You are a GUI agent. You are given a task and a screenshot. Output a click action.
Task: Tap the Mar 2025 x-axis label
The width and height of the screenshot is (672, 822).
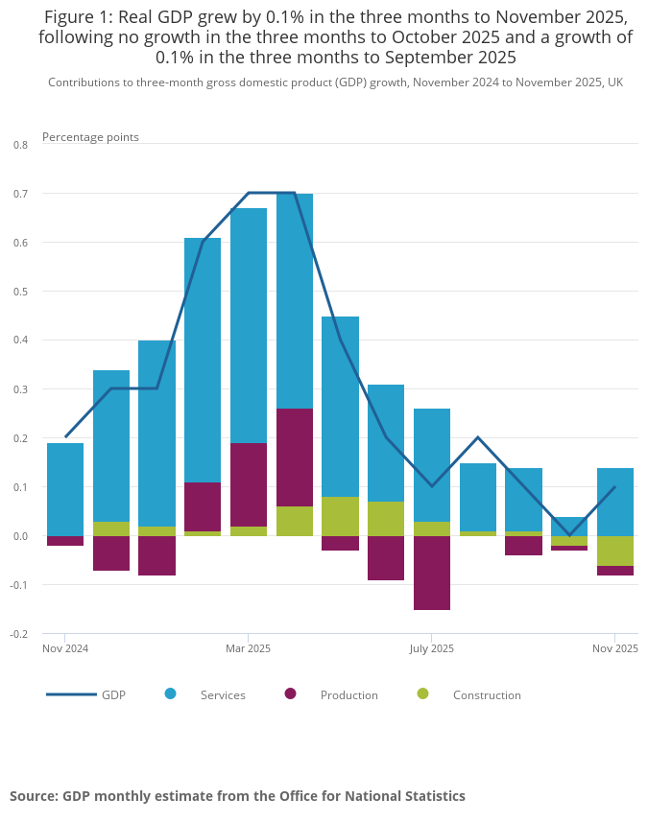(249, 648)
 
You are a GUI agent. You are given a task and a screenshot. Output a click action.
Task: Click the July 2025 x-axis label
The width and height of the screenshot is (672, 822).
(432, 648)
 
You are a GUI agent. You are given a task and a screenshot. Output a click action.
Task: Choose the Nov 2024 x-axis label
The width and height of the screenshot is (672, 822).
(65, 648)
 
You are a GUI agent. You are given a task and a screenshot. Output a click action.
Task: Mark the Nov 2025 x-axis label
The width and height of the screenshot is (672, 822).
(614, 648)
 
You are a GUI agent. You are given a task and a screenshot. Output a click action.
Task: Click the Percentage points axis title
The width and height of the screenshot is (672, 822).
(90, 137)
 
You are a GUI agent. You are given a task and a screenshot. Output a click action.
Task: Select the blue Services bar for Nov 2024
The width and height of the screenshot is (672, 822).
(65, 489)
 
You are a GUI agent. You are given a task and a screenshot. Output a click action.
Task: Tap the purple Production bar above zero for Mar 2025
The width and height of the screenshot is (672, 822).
(249, 484)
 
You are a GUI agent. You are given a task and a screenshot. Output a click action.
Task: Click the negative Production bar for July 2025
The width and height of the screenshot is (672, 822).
(432, 573)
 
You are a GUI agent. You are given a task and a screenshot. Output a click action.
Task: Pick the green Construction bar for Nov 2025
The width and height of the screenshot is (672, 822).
(615, 551)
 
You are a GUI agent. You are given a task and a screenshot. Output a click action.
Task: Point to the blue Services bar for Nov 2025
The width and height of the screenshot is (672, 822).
(615, 502)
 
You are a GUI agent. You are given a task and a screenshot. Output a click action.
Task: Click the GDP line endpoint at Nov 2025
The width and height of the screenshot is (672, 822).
(614, 487)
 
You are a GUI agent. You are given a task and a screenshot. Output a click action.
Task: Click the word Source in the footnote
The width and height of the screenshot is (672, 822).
(33, 796)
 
